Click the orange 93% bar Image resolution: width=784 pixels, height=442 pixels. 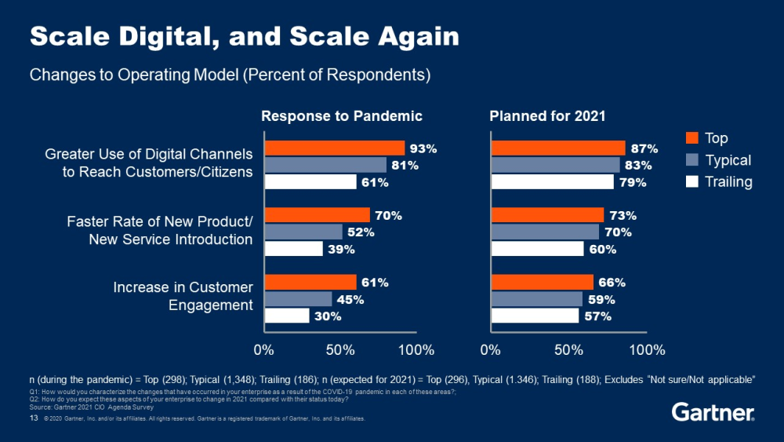(334, 148)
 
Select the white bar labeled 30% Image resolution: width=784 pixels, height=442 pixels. (287, 316)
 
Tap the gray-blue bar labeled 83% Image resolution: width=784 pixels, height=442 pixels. (554, 165)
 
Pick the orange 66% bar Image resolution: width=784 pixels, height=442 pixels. (542, 282)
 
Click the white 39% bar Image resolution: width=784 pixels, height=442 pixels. (293, 249)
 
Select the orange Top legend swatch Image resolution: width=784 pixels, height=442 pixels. (691, 138)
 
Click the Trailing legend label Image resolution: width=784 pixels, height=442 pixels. (728, 182)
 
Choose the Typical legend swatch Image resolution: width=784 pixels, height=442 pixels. (691, 160)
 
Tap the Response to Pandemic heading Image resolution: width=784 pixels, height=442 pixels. (342, 116)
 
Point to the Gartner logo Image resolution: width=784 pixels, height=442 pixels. (713, 413)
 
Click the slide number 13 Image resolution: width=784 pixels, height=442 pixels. (34, 419)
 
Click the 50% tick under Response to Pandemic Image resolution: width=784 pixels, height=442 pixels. (342, 349)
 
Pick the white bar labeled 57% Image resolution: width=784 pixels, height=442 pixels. (534, 316)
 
